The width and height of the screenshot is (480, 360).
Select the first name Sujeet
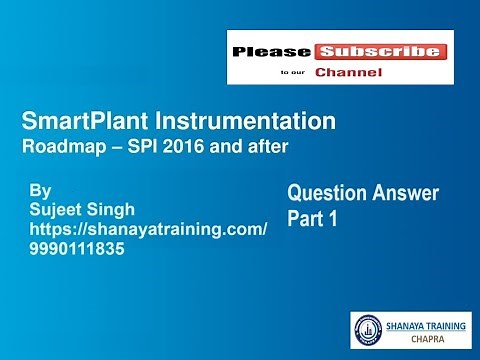61,208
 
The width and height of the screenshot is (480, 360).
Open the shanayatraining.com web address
150,230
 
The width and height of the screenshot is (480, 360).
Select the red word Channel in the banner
350,72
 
